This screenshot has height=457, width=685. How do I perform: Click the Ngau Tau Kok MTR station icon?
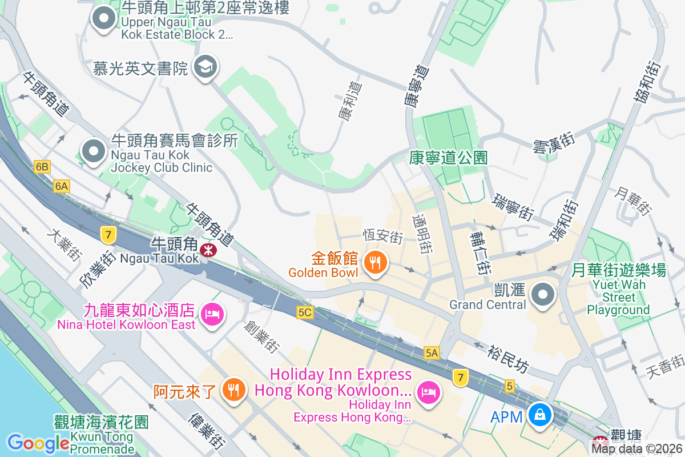click(x=207, y=248)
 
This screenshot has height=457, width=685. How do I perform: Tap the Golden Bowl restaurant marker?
click(x=375, y=263)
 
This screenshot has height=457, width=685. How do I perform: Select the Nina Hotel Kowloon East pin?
click(x=212, y=313)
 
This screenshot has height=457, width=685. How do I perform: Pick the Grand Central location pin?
click(x=543, y=295)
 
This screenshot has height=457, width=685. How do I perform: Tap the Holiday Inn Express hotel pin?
click(x=428, y=392)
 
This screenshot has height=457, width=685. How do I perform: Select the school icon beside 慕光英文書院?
click(x=204, y=67)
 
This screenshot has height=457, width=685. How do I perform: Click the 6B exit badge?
click(x=42, y=167)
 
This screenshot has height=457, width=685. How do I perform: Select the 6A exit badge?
click(x=62, y=186)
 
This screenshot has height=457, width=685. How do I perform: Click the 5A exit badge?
click(x=432, y=353)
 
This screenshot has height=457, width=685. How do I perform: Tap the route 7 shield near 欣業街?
click(x=107, y=233)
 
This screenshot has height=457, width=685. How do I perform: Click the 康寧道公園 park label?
click(x=448, y=158)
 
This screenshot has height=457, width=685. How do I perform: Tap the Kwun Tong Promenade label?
click(x=101, y=436)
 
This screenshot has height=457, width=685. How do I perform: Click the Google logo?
click(x=38, y=443)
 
